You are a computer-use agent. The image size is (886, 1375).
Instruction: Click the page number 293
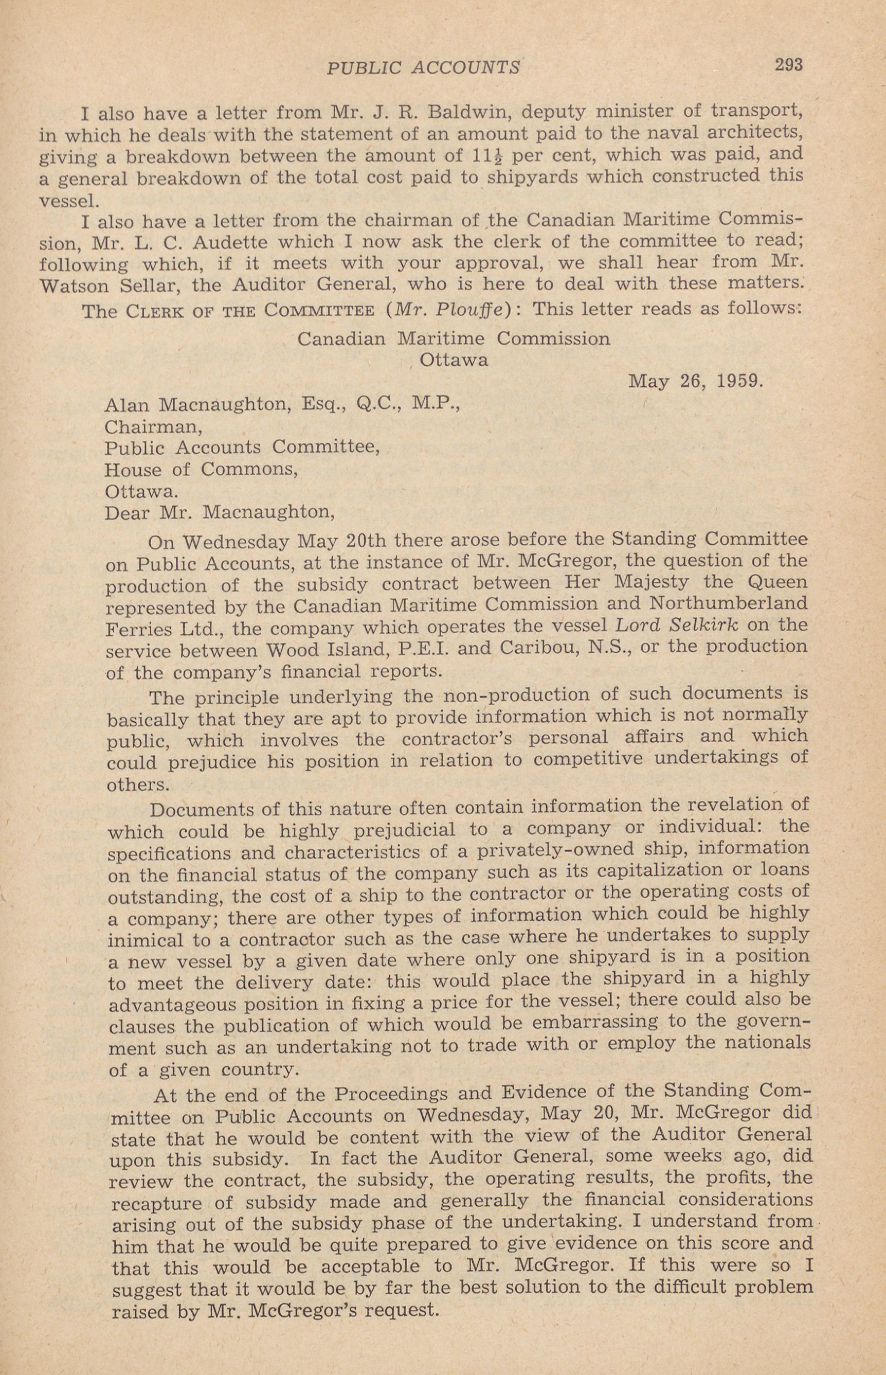788,64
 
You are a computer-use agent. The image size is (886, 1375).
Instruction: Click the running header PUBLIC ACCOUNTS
423,68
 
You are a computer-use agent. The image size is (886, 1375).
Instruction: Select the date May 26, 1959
696,382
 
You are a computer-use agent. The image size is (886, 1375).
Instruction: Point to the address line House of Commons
201,470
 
